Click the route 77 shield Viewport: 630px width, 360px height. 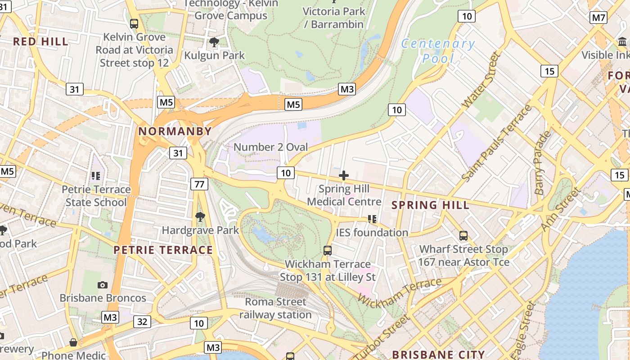199,184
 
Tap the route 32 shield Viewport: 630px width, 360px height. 142,321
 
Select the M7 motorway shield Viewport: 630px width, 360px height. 598,18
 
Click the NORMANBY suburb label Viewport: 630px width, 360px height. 175,131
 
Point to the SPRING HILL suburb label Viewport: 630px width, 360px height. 430,205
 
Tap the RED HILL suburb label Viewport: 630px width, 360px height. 40,42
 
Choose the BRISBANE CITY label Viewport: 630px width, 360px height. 438,355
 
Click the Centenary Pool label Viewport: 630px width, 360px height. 437,51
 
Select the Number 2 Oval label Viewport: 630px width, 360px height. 271,147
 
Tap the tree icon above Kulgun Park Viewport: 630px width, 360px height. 214,43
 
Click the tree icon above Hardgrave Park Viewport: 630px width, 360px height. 200,217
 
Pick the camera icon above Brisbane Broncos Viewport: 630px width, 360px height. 103,285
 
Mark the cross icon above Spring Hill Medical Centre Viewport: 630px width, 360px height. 344,175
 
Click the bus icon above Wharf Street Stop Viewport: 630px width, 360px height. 463,235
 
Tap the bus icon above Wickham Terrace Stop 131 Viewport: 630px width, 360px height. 328,251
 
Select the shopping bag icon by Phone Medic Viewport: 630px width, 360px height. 73,343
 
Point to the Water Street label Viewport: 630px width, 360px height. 481,80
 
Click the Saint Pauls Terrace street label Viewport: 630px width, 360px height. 496,144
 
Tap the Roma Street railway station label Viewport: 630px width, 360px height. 275,308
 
